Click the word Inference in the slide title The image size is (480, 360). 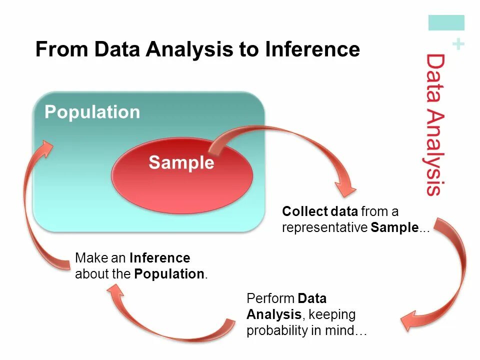point(312,49)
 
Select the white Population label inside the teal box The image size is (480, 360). point(92,112)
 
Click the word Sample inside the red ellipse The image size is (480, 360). point(181,162)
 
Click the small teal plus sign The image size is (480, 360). point(457,45)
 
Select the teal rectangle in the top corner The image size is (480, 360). point(446,23)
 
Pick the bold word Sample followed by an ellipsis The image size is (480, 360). point(394,227)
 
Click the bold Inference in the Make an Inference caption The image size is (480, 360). point(159,258)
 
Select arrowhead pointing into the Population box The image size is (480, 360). point(47,148)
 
